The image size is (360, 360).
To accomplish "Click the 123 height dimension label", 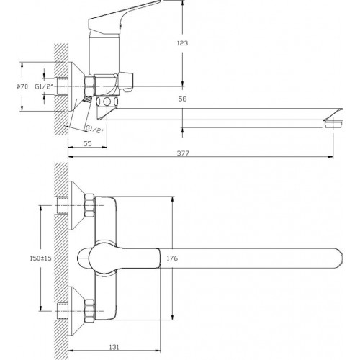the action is (182, 43).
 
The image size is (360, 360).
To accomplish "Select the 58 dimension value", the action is (182, 99).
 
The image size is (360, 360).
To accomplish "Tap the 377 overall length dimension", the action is (183, 153).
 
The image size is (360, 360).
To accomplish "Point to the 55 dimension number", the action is (88, 143).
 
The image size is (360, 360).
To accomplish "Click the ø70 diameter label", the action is (22, 86).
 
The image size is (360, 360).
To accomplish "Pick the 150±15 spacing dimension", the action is (40, 258).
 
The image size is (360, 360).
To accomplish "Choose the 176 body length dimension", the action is (172, 258).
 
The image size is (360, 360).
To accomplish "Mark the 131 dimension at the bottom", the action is (114, 347).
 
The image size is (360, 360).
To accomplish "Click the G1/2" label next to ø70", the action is (44, 86).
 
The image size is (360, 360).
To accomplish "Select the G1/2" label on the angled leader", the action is (95, 130).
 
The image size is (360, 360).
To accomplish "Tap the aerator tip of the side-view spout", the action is (333, 124).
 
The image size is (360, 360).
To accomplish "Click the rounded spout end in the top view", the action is (339, 258).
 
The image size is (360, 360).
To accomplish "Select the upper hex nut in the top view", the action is (89, 205).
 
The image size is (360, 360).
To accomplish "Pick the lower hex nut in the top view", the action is (89, 311).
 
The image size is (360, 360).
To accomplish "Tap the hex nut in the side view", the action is (89, 86).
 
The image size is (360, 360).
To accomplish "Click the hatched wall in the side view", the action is (61, 89).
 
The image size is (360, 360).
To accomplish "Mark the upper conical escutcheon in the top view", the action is (76, 205).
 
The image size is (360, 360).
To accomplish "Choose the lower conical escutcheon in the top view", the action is (76, 311).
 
